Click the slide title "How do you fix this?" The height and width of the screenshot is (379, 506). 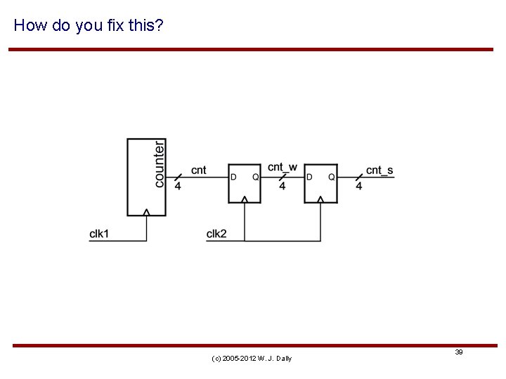[x=89, y=26]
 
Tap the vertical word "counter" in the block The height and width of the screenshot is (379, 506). [x=160, y=163]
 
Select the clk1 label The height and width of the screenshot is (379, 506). [x=99, y=234]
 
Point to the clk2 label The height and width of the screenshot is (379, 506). [x=216, y=234]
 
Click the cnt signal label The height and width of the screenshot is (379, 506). [x=199, y=170]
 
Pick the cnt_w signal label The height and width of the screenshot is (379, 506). [x=282, y=168]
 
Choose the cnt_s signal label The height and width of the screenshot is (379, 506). [x=379, y=171]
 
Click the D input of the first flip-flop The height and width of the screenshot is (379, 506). [x=233, y=177]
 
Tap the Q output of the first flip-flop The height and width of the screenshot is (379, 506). [x=255, y=177]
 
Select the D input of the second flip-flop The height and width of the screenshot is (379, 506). [x=310, y=177]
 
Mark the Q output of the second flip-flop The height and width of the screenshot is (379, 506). [x=332, y=177]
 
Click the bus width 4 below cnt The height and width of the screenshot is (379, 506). [x=177, y=187]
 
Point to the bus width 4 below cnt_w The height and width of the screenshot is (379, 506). [x=282, y=187]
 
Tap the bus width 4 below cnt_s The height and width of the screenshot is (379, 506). [x=358, y=187]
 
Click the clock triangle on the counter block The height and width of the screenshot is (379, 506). [x=147, y=212]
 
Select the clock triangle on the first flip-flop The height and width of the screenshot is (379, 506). [x=245, y=200]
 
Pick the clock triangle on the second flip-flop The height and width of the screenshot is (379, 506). [x=321, y=200]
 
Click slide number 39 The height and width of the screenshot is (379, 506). [x=458, y=352]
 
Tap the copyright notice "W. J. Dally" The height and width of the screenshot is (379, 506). [x=252, y=359]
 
